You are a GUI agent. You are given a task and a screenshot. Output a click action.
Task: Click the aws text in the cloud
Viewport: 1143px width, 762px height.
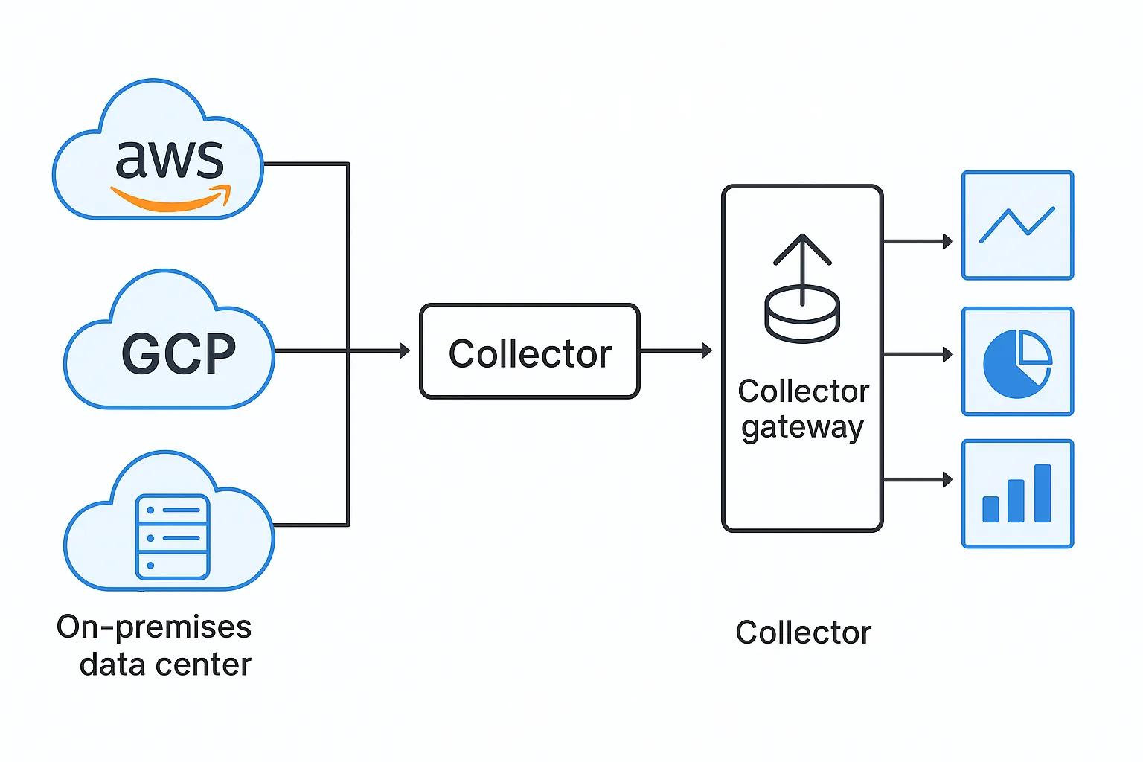(170, 159)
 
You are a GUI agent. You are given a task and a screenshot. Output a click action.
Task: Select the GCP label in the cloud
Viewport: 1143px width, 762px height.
(179, 353)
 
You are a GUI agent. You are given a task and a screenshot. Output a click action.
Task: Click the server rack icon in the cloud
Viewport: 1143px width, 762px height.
(173, 537)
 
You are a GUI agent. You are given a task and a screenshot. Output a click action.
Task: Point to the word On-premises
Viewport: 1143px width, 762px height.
(154, 628)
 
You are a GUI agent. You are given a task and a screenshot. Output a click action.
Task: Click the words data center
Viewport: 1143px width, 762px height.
(165, 664)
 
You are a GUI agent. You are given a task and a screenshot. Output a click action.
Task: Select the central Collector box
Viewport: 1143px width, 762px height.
(530, 351)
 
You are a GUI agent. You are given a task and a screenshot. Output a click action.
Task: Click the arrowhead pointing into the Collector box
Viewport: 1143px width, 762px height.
(405, 350)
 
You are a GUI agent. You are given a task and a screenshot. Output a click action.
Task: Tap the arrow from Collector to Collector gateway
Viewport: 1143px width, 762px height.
(676, 350)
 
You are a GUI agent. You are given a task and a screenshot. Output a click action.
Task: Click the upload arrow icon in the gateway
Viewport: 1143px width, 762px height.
(802, 269)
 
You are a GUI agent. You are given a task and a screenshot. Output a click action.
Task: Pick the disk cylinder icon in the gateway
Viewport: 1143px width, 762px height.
(802, 315)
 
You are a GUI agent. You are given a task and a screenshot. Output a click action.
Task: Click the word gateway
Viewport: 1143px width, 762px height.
(803, 428)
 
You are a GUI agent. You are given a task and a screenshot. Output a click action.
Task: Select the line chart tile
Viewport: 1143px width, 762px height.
(1017, 225)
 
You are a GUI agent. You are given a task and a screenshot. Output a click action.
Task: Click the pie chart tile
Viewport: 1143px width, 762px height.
(1017, 362)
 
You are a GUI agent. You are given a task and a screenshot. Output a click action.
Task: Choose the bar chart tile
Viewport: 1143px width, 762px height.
(1017, 494)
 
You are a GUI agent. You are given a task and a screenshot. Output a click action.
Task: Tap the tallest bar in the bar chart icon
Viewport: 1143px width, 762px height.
(1043, 493)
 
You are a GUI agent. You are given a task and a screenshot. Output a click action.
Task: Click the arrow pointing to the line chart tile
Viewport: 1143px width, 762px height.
(918, 241)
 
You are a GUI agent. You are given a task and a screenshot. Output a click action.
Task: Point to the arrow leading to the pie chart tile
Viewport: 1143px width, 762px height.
(918, 354)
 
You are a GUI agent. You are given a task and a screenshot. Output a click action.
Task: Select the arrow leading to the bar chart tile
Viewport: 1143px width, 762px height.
(918, 480)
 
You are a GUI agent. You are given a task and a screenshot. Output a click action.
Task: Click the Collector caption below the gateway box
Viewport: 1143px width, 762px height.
(803, 633)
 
